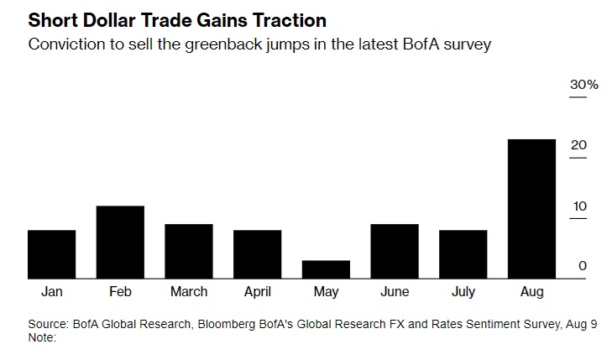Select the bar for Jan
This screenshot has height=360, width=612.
tap(51, 254)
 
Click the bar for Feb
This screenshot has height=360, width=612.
tap(120, 242)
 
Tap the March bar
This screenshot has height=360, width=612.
tap(188, 251)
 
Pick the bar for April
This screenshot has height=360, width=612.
tap(257, 254)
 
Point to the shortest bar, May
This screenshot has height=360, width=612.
tap(326, 269)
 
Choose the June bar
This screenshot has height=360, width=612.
tap(395, 251)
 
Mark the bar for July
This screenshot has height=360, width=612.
tap(463, 254)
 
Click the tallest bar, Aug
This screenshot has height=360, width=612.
tap(531, 209)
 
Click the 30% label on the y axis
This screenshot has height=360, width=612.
tap(583, 86)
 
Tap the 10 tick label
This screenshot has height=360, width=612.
tap(578, 206)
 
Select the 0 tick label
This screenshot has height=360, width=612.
tap(582, 266)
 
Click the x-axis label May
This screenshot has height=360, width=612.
tap(326, 292)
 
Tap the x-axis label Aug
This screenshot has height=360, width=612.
tap(531, 292)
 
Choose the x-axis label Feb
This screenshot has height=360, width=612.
tap(120, 292)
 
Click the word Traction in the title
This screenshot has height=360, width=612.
tap(280, 20)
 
